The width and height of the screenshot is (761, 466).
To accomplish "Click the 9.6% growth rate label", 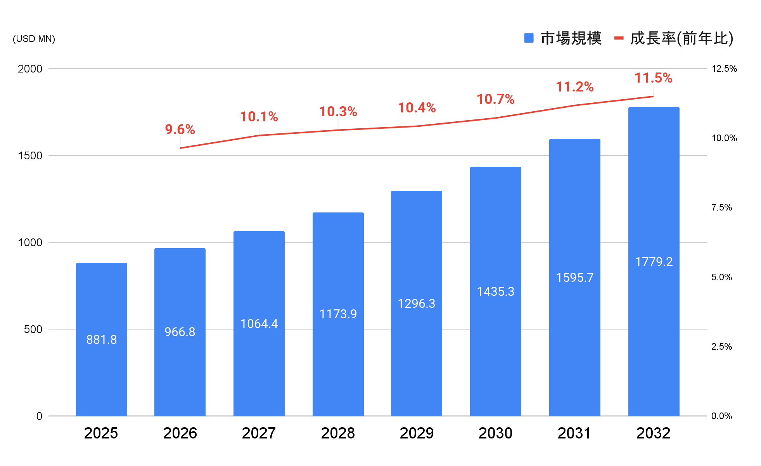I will (x=180, y=129).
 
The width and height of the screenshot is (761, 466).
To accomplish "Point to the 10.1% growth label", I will (x=259, y=117).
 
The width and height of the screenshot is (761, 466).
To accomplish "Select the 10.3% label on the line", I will (x=338, y=112).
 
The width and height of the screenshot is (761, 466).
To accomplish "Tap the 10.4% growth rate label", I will (x=417, y=107).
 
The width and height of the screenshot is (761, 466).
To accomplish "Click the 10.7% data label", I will (x=496, y=99).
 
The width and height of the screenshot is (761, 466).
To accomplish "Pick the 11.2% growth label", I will (x=574, y=87).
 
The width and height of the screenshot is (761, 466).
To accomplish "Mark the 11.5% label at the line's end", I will (x=654, y=78).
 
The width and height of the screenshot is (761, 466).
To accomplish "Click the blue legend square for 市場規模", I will (x=529, y=38).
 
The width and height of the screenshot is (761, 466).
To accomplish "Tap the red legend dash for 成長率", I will (x=619, y=38).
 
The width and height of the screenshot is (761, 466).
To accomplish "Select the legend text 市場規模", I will (x=571, y=38).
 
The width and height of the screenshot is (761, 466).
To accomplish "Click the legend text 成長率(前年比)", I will (x=681, y=38).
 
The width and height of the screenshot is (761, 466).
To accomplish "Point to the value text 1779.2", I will (x=654, y=262).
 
